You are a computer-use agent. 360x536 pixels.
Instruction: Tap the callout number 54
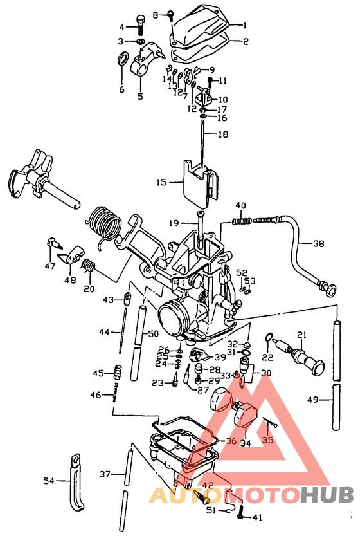[x=49, y=479]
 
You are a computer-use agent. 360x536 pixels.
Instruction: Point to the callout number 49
[x=312, y=400]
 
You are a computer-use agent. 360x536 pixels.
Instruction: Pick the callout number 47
[x=50, y=265]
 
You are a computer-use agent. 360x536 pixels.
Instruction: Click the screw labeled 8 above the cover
[x=172, y=14]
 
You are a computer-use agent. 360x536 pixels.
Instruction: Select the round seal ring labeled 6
[x=121, y=62]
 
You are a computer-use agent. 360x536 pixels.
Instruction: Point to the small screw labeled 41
[x=240, y=513]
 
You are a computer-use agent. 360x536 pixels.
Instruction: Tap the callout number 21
[x=301, y=334]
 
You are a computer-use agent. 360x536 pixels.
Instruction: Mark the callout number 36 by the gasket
[x=231, y=441]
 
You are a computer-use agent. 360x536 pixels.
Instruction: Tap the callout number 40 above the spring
[x=240, y=206]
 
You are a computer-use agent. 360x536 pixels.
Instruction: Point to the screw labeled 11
[x=210, y=81]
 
